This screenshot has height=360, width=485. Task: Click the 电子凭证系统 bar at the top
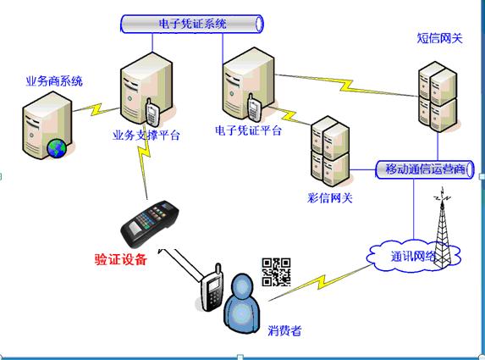pyautogui.click(x=192, y=24)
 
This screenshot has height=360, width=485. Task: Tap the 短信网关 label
pyautogui.click(x=439, y=38)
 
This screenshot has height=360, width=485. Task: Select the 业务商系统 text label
pyautogui.click(x=54, y=81)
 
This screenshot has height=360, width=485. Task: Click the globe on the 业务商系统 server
pyautogui.click(x=57, y=148)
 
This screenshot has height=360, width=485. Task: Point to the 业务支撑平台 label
pyautogui.click(x=146, y=136)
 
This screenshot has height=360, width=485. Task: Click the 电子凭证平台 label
pyautogui.click(x=248, y=130)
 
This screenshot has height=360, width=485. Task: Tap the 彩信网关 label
pyautogui.click(x=330, y=198)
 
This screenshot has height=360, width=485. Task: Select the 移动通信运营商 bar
pyautogui.click(x=425, y=169)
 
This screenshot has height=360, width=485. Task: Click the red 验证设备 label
pyautogui.click(x=121, y=259)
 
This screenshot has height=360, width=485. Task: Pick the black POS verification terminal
pyautogui.click(x=150, y=224)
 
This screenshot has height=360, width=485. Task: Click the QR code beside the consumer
pyautogui.click(x=276, y=272)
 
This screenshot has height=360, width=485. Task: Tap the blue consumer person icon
pyautogui.click(x=242, y=303)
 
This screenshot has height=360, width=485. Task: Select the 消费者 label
pyautogui.click(x=284, y=331)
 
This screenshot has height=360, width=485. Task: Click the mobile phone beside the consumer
pyautogui.click(x=212, y=288)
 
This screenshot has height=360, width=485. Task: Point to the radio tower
pyautogui.click(x=443, y=228)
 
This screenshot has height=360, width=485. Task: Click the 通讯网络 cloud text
pyautogui.click(x=413, y=257)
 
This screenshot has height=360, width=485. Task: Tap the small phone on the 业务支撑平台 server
pyautogui.click(x=152, y=112)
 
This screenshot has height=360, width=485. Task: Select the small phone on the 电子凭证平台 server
pyautogui.click(x=253, y=107)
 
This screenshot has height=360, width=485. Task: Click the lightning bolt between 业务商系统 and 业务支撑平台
pyautogui.click(x=96, y=109)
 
